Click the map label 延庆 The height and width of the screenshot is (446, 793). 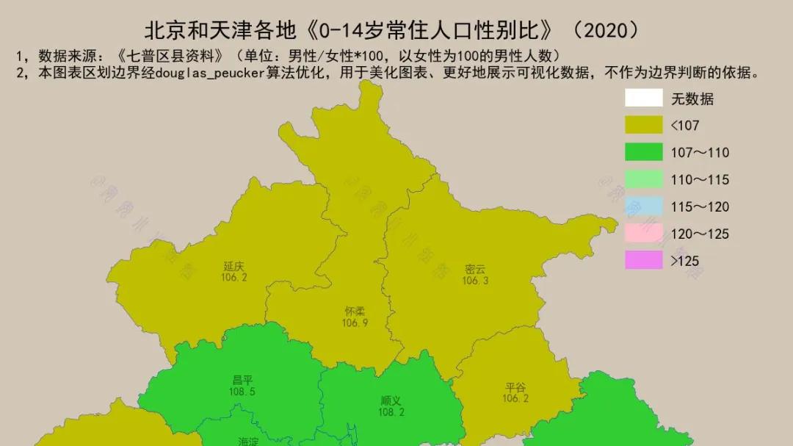coord(233,267)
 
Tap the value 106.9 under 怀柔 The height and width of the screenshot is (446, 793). coord(355,323)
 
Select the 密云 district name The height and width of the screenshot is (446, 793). coord(475,269)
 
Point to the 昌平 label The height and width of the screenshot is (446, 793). coord(242,381)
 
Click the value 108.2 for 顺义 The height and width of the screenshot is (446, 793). coord(390,412)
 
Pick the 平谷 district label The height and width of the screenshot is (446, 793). coord(515,387)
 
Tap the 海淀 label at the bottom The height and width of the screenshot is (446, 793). coord(248,442)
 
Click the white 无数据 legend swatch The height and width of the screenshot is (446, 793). coord(644,98)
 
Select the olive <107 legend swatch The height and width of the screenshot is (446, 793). coord(644,126)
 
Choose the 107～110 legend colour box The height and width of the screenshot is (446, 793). coord(644,153)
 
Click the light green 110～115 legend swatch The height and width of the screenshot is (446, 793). coord(644,179)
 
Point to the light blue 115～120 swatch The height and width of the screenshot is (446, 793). coord(644,206)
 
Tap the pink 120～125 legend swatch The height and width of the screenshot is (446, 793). coord(644,234)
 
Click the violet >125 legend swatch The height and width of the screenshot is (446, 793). coord(644,260)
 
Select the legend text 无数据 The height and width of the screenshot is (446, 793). coord(692,99)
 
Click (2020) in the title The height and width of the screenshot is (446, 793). coord(606,30)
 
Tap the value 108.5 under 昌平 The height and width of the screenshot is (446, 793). coord(242,392)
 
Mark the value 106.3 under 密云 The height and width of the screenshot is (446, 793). coord(475,281)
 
